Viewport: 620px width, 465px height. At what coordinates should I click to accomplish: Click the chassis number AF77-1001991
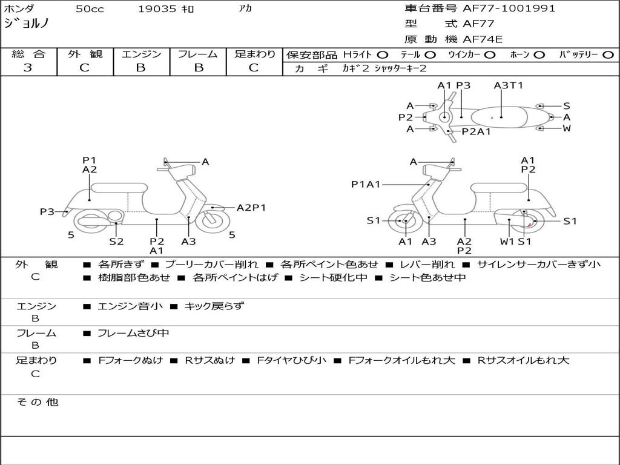pyautogui.click(x=509, y=8)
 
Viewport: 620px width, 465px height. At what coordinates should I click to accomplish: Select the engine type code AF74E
pyautogui.click(x=483, y=39)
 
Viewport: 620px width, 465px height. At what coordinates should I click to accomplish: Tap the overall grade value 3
pyautogui.click(x=28, y=68)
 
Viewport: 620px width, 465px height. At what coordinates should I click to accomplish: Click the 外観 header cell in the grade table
pyautogui.click(x=85, y=54)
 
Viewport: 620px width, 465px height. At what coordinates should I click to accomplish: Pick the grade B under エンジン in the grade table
pyautogui.click(x=140, y=68)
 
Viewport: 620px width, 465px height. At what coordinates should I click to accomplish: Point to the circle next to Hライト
pyautogui.click(x=383, y=55)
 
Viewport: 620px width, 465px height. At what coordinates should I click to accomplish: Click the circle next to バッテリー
pyautogui.click(x=608, y=55)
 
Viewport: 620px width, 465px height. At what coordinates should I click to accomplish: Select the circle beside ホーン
pyautogui.click(x=539, y=55)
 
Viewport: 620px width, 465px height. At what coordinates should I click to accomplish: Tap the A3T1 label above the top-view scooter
pyautogui.click(x=509, y=85)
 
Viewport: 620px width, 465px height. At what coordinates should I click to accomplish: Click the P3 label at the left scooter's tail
pyautogui.click(x=47, y=212)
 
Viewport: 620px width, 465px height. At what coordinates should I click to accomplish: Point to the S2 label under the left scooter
pyautogui.click(x=116, y=241)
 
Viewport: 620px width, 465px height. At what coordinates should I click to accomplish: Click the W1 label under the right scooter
pyautogui.click(x=507, y=241)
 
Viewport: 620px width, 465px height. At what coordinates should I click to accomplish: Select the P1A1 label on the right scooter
pyautogui.click(x=366, y=184)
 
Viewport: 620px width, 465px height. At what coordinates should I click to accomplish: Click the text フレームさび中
pyautogui.click(x=134, y=334)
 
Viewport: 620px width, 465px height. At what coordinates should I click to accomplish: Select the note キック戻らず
pyautogui.click(x=214, y=306)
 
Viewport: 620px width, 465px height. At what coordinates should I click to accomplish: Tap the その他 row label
pyautogui.click(x=38, y=402)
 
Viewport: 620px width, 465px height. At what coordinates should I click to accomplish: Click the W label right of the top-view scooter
pyautogui.click(x=567, y=128)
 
